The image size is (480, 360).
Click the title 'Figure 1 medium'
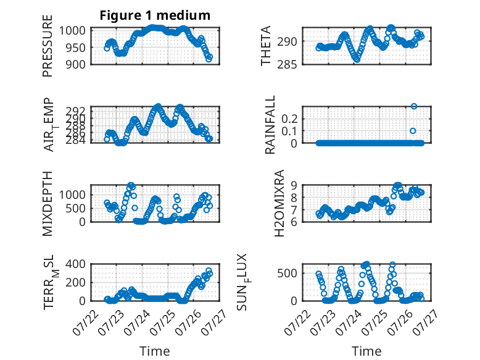[x=155, y=15]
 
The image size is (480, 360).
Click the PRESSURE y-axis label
[x=48, y=46]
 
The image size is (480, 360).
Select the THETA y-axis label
[x=266, y=46]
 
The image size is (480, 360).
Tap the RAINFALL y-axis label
[x=270, y=125]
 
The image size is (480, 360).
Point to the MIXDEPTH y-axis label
[x=48, y=203]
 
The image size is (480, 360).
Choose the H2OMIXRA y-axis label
[x=279, y=203]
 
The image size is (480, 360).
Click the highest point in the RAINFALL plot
[x=414, y=106]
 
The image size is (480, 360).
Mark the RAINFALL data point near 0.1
[x=413, y=131]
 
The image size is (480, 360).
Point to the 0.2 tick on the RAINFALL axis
[x=289, y=119]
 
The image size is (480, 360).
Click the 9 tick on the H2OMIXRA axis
[x=294, y=185]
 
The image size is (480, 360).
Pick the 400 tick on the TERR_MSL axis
[x=76, y=264]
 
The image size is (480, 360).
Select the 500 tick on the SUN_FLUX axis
[x=287, y=273]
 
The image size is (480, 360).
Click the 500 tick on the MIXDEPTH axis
[x=76, y=208]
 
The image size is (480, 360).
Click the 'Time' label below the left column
[x=155, y=351]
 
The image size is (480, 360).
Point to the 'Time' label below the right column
[x=366, y=351]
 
